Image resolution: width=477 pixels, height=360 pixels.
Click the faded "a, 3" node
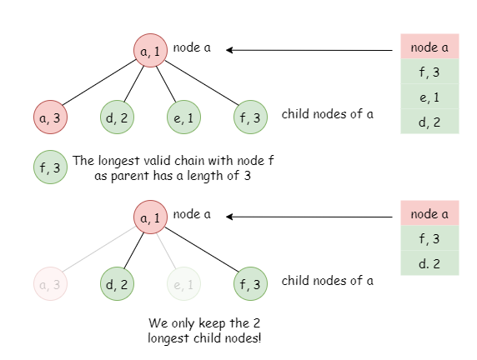[x=50, y=283]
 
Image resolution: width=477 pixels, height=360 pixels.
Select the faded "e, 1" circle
[x=183, y=283]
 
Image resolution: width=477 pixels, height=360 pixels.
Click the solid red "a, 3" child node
[x=50, y=117]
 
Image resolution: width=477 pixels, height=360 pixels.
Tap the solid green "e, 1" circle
[x=183, y=117]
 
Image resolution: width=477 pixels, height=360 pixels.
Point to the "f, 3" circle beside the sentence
[x=50, y=167]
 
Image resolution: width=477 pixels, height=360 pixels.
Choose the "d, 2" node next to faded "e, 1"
[x=117, y=283]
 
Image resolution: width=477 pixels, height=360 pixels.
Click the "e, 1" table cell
[x=429, y=97]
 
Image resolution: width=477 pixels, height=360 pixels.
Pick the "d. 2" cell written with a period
[x=429, y=263]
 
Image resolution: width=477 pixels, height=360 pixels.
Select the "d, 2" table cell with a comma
[x=429, y=122]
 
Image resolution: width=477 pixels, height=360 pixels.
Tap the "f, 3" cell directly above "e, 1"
[x=429, y=72]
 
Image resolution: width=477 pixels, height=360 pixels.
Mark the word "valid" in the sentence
[x=153, y=161]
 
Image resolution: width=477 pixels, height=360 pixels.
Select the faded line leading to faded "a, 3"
[x=99, y=249]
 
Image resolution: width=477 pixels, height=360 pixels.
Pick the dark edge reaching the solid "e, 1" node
[x=167, y=84]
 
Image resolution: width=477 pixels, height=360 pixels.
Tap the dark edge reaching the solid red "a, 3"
[x=99, y=82]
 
